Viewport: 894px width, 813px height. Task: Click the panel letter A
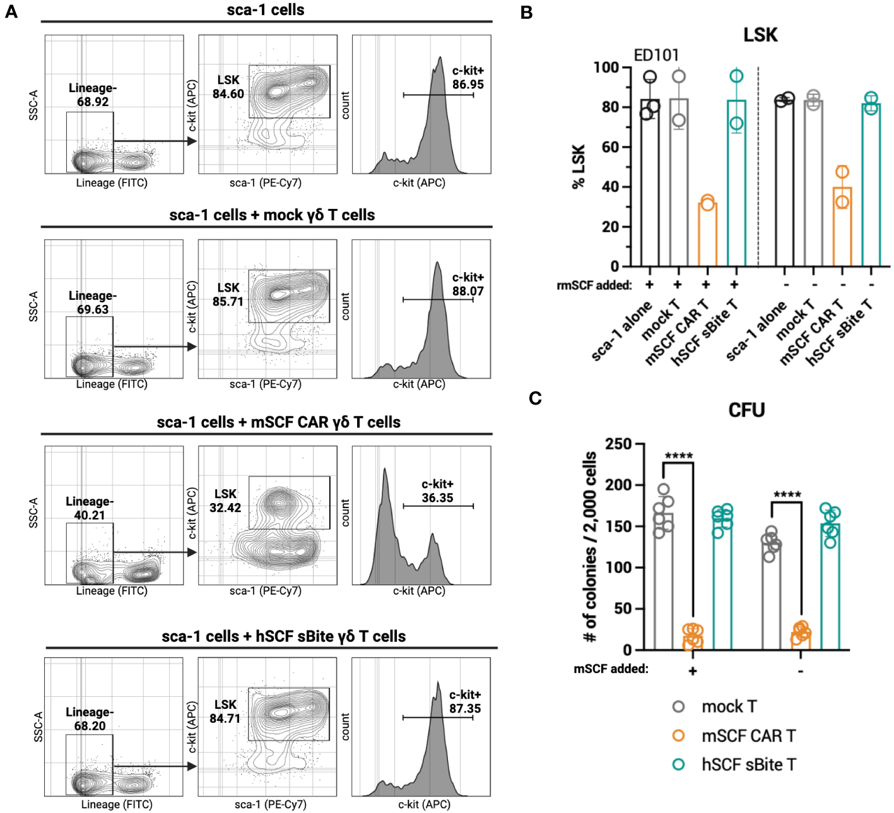point(11,11)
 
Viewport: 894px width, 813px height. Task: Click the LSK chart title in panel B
point(760,34)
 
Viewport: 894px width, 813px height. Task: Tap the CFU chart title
point(746,410)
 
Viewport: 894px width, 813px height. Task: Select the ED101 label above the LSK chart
point(656,55)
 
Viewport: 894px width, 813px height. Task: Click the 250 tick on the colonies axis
point(618,444)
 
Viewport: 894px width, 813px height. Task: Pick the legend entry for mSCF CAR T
point(748,736)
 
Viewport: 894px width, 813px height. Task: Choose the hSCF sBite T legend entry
point(748,765)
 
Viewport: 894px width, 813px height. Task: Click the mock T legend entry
point(729,707)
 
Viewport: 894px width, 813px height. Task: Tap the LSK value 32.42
point(225,508)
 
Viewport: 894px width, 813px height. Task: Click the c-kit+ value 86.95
point(468,85)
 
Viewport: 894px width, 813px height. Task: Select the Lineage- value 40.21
point(90,515)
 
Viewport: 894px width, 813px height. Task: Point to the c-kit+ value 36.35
point(437,498)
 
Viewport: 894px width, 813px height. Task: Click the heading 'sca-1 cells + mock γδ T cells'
point(272,215)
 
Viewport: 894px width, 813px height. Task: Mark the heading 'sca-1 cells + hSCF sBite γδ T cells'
point(283,636)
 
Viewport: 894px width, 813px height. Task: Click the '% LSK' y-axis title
point(579,167)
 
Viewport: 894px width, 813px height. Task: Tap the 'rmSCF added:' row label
point(594,285)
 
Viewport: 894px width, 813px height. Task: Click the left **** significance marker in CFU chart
point(678,456)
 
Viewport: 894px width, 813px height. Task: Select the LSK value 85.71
point(228,302)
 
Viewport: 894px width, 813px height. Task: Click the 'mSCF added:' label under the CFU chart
point(611,668)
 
